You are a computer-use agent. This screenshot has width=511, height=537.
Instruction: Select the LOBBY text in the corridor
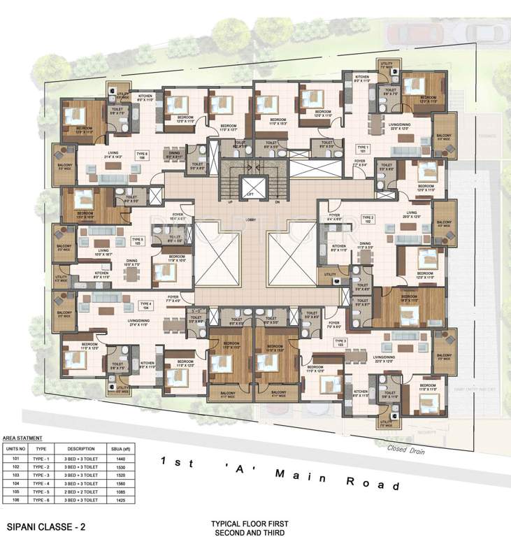[x=251, y=220]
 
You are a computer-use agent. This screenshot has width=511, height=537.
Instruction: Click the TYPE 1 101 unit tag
[x=362, y=149]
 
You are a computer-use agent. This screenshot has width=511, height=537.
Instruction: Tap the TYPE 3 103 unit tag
[x=340, y=343]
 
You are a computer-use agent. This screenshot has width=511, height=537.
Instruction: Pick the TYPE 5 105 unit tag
[x=138, y=241]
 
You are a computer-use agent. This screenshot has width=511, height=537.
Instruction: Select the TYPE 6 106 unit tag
[x=143, y=157]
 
